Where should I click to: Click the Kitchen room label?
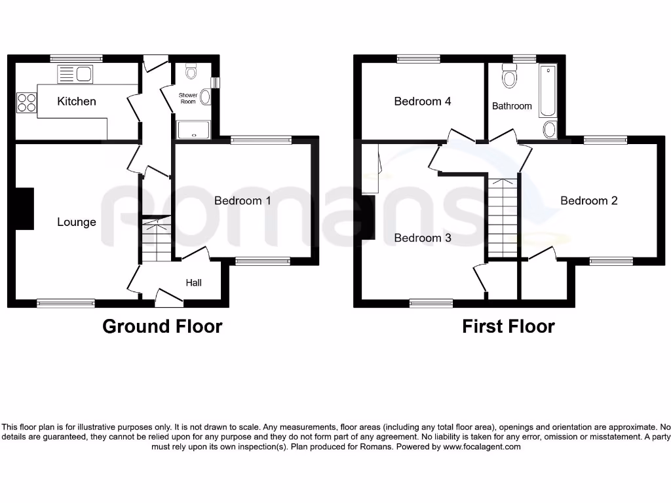(x=77, y=102)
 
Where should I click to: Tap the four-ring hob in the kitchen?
(x=26, y=102)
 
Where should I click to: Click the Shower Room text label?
(x=188, y=98)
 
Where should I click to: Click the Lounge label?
(x=77, y=222)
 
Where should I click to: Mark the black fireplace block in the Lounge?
(x=24, y=209)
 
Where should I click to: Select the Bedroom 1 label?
(x=242, y=200)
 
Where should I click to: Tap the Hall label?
(x=193, y=283)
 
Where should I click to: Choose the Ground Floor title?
(x=162, y=326)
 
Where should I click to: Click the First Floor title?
(x=508, y=326)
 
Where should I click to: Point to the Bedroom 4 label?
(x=423, y=102)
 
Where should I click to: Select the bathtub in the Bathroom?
(x=547, y=91)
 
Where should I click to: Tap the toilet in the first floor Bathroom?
(x=508, y=78)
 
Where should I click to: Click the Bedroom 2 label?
(x=589, y=200)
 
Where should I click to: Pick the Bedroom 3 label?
(x=423, y=238)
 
